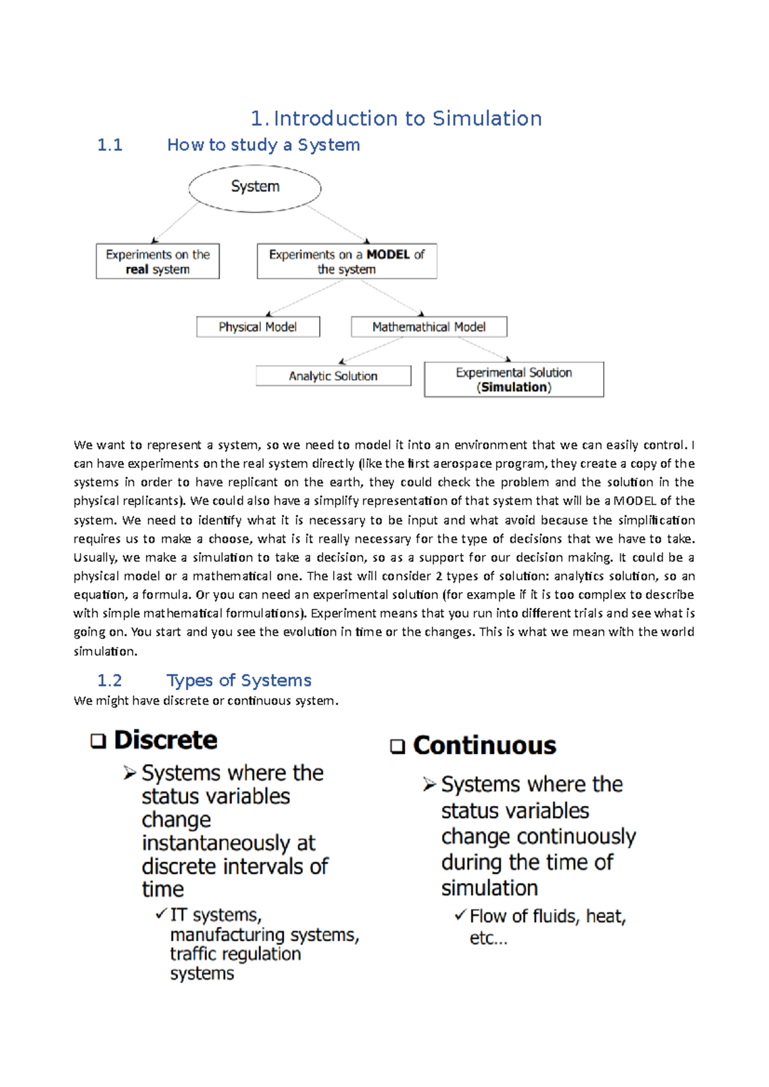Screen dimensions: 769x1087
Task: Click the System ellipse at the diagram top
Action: [254, 188]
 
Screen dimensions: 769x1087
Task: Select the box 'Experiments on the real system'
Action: [158, 261]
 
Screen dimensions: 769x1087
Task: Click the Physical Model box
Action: [258, 326]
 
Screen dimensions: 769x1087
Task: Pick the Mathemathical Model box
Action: [429, 326]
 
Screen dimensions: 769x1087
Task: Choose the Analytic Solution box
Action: [333, 376]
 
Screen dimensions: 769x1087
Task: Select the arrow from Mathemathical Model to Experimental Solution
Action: [484, 349]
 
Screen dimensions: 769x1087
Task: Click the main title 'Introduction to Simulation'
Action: [408, 118]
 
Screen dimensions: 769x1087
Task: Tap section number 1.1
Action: [110, 145]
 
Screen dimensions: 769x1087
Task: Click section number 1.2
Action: [110, 680]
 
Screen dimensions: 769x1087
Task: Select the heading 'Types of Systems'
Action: [239, 680]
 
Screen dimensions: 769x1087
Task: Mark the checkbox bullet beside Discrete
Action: [98, 741]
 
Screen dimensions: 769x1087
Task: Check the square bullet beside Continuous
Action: [397, 746]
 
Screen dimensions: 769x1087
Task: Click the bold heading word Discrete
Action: [165, 740]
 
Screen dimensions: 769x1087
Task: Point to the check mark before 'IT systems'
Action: [161, 914]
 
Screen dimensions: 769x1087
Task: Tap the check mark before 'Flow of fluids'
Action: [460, 915]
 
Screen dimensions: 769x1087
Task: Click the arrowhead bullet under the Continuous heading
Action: [429, 784]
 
